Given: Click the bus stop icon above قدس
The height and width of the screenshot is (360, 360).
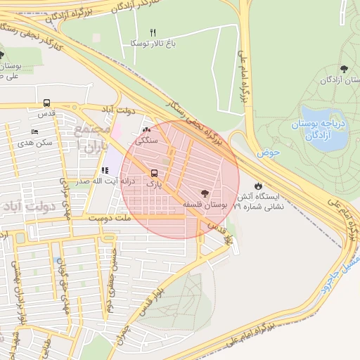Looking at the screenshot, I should coord(46,103).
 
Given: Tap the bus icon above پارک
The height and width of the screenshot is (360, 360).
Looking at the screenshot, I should coord(154,172).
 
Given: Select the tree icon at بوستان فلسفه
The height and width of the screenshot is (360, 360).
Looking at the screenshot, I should coord(205,193).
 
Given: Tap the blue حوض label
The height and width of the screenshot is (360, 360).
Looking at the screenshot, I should coord(269,152).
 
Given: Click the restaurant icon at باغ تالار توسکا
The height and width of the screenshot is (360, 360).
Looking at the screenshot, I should coord(153,32).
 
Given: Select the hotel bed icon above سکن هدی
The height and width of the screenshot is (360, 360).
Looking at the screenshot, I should coord(35,132).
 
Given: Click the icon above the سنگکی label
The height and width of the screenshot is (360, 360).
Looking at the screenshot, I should coord(146,130).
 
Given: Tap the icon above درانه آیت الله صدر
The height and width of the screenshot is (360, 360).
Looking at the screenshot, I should coord(105,170).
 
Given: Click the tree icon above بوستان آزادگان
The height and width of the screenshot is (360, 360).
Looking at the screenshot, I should coord(343,69).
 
